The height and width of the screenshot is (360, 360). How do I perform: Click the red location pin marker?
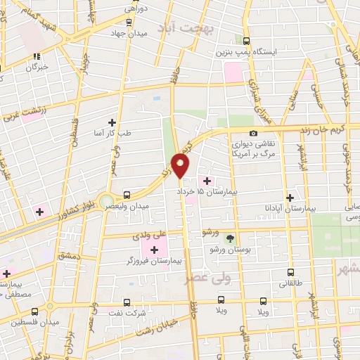tap(181, 166)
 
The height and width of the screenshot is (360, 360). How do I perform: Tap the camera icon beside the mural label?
tap(253, 134)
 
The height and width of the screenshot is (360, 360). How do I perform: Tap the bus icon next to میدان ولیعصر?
tap(127, 194)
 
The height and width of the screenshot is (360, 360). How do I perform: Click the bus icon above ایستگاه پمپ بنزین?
tap(246, 41)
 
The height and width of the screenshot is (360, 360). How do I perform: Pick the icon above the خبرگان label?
tap(37, 58)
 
